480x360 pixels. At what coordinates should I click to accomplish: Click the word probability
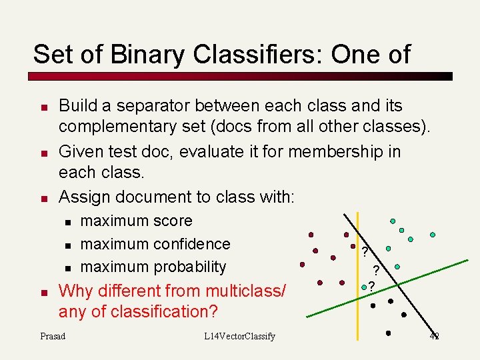[190, 267]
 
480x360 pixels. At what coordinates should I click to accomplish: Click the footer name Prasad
[53, 336]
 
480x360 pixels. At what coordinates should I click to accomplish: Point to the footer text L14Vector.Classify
[239, 336]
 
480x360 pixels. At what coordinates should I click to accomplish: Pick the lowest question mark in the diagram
[371, 287]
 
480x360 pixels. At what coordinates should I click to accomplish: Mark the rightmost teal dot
[433, 235]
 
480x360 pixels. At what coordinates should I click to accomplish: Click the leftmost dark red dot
[302, 264]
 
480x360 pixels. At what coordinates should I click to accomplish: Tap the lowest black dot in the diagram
[388, 332]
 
